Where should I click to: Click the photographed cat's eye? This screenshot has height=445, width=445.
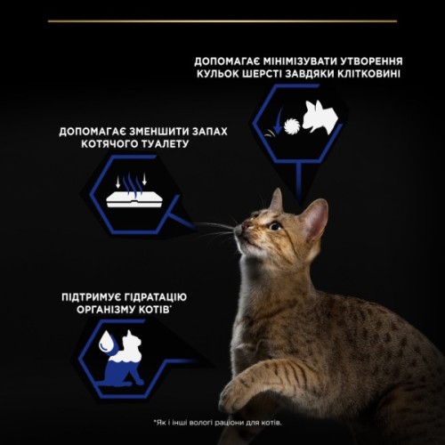(x=274, y=226)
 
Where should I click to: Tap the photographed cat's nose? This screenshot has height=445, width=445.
(x=240, y=229)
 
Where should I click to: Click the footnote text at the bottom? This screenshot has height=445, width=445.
(x=222, y=422)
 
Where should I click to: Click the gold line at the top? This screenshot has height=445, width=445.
(x=222, y=19)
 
